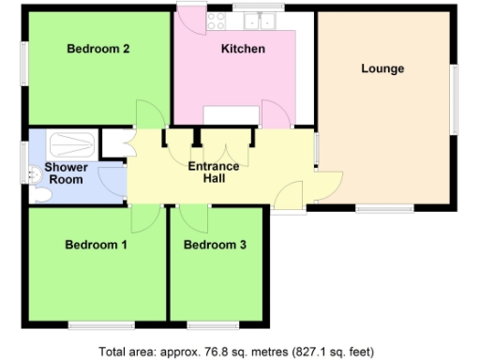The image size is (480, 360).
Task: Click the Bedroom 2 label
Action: pyautogui.click(x=97, y=50)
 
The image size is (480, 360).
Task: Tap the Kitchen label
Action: pyautogui.click(x=243, y=49)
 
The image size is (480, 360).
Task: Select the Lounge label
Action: pyautogui.click(x=382, y=68)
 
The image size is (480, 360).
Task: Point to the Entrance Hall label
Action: pyautogui.click(x=214, y=172)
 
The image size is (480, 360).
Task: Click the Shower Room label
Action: pyautogui.click(x=67, y=172)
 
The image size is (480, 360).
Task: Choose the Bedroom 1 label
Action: pyautogui.click(x=96, y=245)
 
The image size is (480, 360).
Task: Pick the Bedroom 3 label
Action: pyautogui.click(x=215, y=246)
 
